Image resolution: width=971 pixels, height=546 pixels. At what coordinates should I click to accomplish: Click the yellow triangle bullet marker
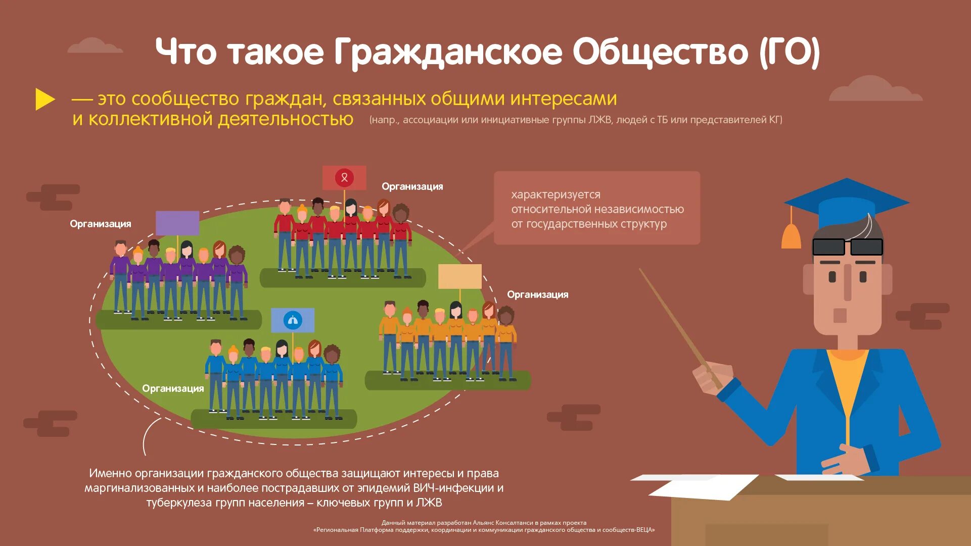click(x=44, y=99)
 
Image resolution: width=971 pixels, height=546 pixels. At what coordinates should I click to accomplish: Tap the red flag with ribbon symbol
click(x=344, y=178)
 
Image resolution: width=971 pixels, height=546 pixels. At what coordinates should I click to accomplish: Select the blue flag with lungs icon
click(x=293, y=320)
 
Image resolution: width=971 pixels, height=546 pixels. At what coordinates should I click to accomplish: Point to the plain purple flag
click(x=177, y=223)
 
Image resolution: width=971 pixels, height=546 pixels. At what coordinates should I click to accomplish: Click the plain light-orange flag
click(x=459, y=277)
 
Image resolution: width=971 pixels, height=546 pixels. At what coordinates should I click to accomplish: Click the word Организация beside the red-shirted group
click(x=412, y=187)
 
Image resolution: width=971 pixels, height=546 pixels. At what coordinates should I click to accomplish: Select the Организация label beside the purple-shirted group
click(x=100, y=224)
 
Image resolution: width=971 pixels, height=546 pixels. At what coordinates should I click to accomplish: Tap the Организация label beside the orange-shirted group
click(x=537, y=295)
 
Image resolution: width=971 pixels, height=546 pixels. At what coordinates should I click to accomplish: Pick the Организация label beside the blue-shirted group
click(x=173, y=389)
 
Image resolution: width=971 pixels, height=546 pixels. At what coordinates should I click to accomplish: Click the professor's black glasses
click(x=847, y=247)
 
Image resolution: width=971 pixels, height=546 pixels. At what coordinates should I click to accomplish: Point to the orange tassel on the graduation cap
click(x=791, y=235)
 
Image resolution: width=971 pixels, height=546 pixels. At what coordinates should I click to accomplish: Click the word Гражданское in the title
click(x=447, y=53)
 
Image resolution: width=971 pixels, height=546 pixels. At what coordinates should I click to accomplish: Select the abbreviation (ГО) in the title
click(x=790, y=53)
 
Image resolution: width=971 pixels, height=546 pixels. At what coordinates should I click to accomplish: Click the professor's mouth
click(x=840, y=315)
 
